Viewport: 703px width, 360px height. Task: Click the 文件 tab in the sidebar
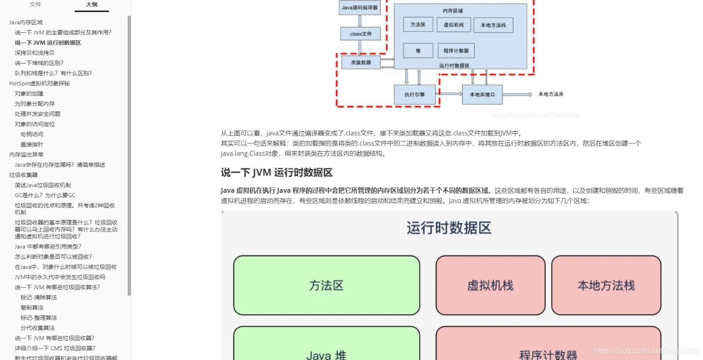[35, 4]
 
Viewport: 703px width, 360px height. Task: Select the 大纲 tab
[92, 4]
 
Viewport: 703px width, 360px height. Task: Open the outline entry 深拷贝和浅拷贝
[34, 53]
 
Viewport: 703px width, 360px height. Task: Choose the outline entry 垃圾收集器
[23, 175]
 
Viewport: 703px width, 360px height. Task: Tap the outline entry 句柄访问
[32, 134]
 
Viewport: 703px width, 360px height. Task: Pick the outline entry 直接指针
[32, 144]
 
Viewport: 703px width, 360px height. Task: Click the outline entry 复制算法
[32, 308]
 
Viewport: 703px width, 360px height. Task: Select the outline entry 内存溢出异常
[26, 155]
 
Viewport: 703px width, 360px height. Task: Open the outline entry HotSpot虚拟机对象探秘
[39, 83]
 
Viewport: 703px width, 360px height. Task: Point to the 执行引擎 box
[415, 94]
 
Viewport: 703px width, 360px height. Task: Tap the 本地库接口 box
[482, 94]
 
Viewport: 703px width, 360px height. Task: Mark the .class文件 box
[360, 34]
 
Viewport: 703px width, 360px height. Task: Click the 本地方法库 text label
[551, 94]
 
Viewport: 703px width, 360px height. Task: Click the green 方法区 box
[326, 285]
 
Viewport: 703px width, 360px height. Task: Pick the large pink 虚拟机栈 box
[490, 285]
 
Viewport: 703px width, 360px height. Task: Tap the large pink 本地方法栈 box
[606, 285]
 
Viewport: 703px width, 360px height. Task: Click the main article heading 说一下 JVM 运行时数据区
[276, 172]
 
